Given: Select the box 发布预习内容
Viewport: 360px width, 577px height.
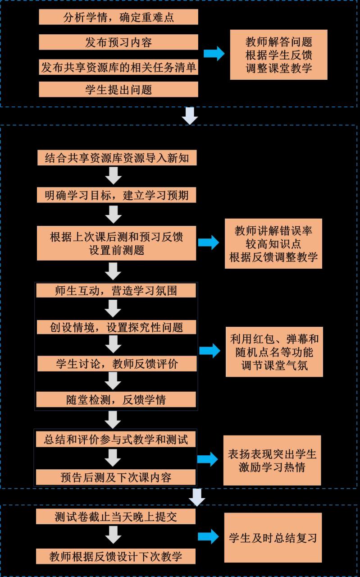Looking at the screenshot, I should (x=118, y=42).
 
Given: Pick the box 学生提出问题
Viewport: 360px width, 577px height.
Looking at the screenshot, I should (x=118, y=90).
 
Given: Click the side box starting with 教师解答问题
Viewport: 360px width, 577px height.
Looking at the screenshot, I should (x=278, y=55).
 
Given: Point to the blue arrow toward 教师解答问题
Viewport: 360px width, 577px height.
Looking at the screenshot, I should (x=214, y=54).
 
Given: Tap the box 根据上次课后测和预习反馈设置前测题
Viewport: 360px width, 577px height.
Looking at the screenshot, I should (x=116, y=243).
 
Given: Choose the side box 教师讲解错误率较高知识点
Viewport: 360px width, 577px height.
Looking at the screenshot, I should (x=273, y=243).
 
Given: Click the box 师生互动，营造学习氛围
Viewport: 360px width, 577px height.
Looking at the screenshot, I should (x=116, y=291).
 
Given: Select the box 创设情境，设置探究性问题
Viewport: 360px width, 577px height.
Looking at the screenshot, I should (x=116, y=327).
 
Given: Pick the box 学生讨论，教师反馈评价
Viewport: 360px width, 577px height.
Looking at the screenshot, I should (x=116, y=363).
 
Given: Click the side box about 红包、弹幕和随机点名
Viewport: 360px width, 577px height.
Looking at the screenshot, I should (x=274, y=352).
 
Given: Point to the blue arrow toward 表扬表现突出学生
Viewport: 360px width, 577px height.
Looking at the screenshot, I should (x=208, y=459).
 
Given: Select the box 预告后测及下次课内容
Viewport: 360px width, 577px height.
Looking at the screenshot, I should (x=116, y=477).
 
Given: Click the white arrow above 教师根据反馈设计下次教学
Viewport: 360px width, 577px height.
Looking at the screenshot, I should (x=113, y=536).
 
